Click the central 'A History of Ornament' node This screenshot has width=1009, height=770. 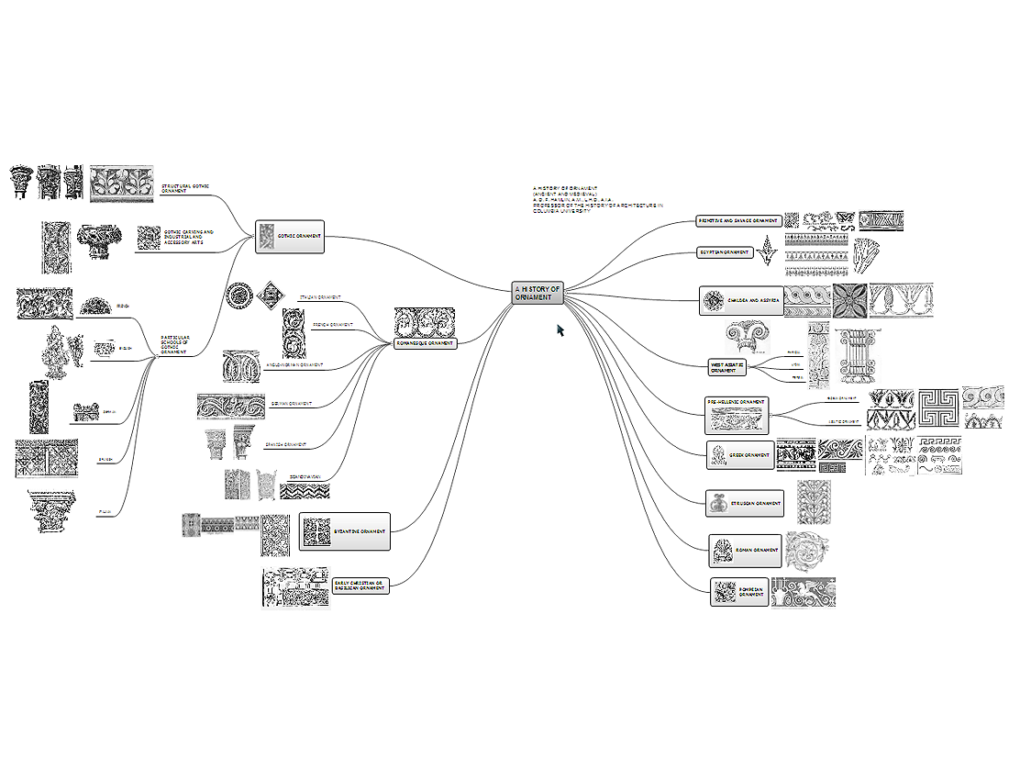click(538, 293)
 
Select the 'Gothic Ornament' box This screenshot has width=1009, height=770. click(289, 237)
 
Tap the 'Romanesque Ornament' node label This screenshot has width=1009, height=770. click(425, 343)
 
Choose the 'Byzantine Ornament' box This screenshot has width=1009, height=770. click(345, 531)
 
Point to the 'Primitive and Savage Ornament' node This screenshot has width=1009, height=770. click(738, 221)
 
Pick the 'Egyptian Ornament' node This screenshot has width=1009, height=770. click(725, 252)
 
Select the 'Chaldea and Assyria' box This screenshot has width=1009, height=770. click(741, 301)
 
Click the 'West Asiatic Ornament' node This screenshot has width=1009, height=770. click(726, 367)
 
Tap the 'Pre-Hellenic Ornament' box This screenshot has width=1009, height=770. click(737, 415)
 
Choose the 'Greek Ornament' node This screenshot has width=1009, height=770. click(739, 454)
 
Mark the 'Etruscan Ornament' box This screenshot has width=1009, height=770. click(745, 503)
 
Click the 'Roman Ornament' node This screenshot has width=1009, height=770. click(745, 551)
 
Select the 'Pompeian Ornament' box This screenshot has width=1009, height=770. click(739, 592)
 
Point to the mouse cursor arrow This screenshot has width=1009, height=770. click(560, 329)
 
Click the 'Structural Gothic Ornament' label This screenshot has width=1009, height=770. click(185, 188)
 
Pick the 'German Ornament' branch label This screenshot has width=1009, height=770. click(292, 403)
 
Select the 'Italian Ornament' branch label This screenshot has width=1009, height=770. click(320, 297)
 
